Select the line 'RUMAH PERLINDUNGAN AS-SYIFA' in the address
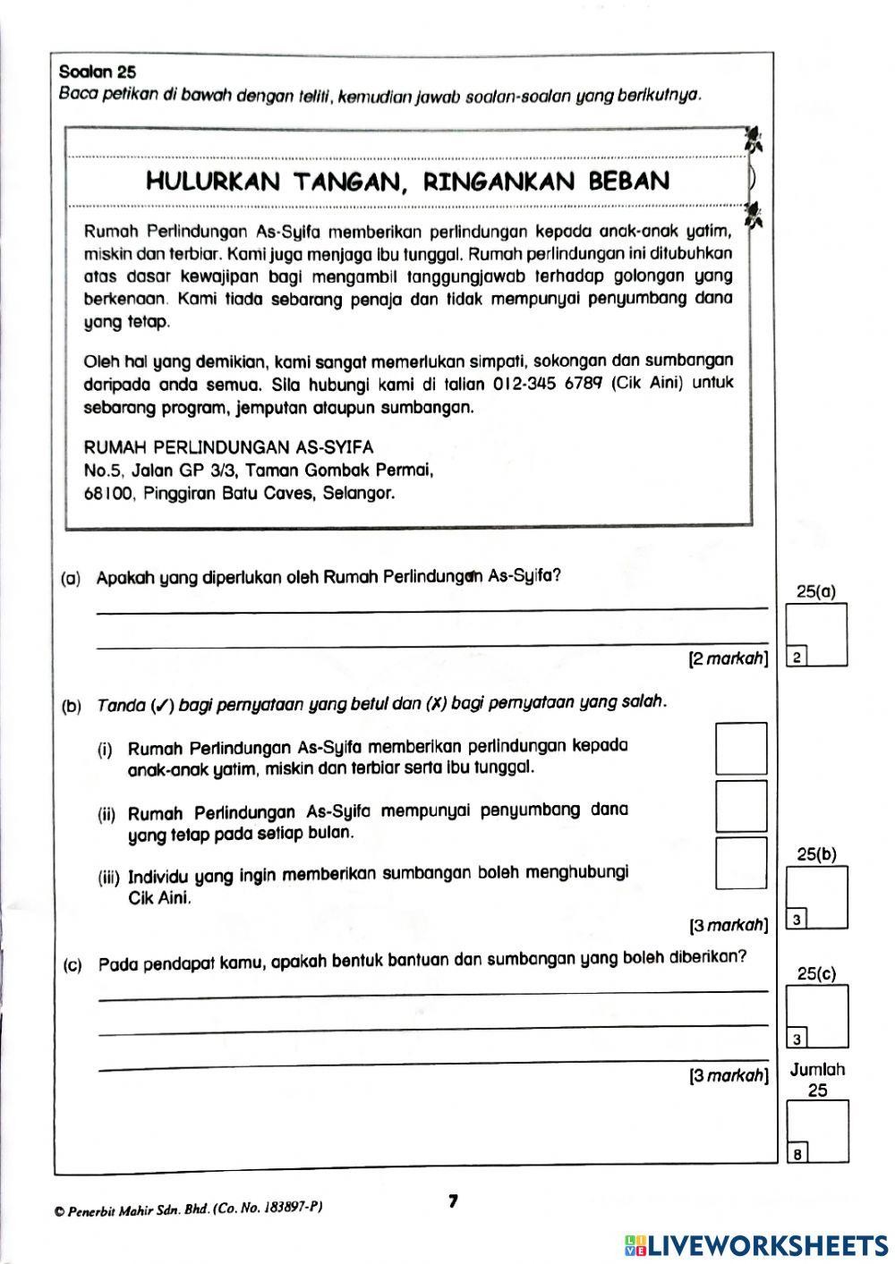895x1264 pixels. [228, 447]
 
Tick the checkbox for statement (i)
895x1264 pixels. [741, 748]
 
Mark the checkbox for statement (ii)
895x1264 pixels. [741, 807]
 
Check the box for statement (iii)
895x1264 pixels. [741, 863]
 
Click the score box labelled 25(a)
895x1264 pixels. [816, 635]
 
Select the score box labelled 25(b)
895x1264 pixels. [816, 897]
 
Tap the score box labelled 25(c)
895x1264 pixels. [816, 1016]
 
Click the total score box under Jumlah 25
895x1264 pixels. [816, 1132]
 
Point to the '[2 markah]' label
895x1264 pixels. [728, 660]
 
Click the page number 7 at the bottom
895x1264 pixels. [453, 1201]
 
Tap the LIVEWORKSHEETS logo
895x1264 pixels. [756, 1245]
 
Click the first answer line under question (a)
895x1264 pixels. [431, 610]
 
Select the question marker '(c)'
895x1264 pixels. [72, 965]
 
